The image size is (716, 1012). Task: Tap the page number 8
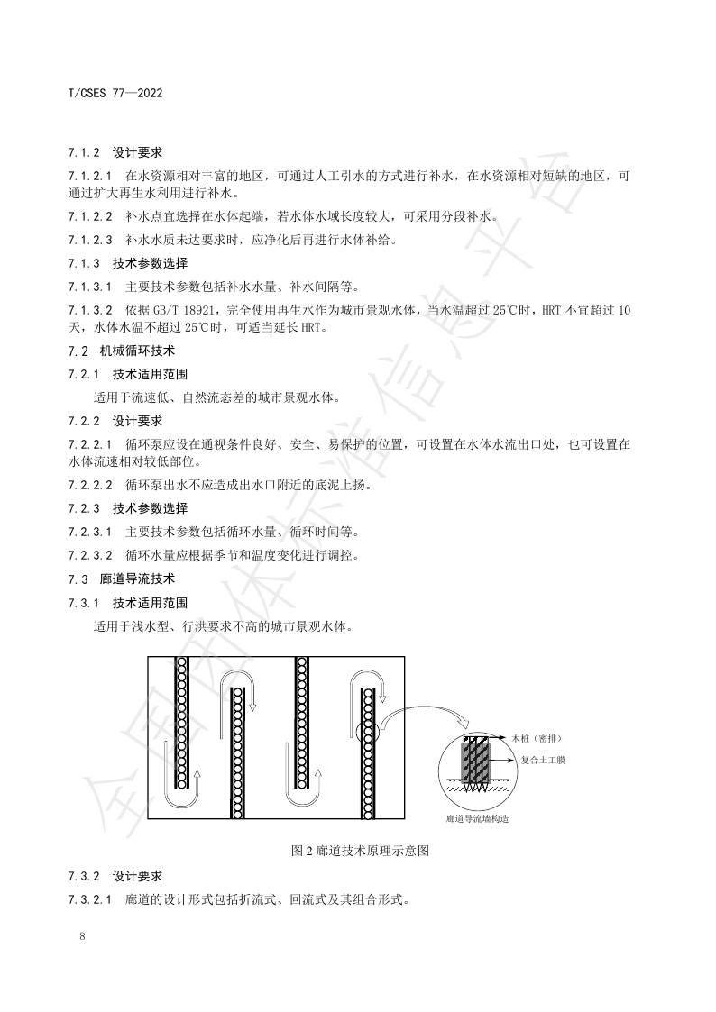click(82, 936)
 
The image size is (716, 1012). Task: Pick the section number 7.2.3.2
click(90, 555)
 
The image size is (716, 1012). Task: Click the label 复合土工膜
click(543, 760)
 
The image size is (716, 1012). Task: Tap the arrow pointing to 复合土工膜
click(501, 760)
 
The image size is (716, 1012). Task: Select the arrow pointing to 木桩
click(498, 738)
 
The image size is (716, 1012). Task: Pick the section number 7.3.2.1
click(90, 898)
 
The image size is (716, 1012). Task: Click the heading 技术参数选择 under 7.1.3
click(150, 264)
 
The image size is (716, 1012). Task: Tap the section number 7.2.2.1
click(90, 444)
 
